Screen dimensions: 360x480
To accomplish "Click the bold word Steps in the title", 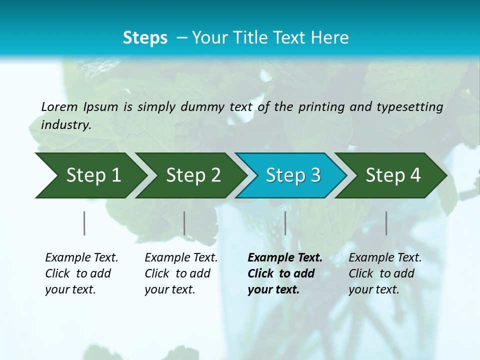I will pyautogui.click(x=145, y=37).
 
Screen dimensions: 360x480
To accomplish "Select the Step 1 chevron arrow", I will pyautogui.click(x=90, y=175).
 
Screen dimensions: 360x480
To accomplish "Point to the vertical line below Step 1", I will pyautogui.click(x=84, y=223).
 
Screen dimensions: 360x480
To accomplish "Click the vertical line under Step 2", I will pyautogui.click(x=184, y=223).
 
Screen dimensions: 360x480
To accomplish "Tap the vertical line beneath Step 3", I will pyautogui.click(x=285, y=223).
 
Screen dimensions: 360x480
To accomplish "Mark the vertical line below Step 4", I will pyautogui.click(x=386, y=223).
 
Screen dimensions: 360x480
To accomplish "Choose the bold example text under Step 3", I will pyautogui.click(x=284, y=273).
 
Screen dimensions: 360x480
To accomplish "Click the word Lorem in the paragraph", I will pyautogui.click(x=59, y=107).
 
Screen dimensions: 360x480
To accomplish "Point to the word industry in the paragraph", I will pyautogui.click(x=65, y=124).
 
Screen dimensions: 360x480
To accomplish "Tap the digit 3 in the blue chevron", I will pyautogui.click(x=315, y=175).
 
